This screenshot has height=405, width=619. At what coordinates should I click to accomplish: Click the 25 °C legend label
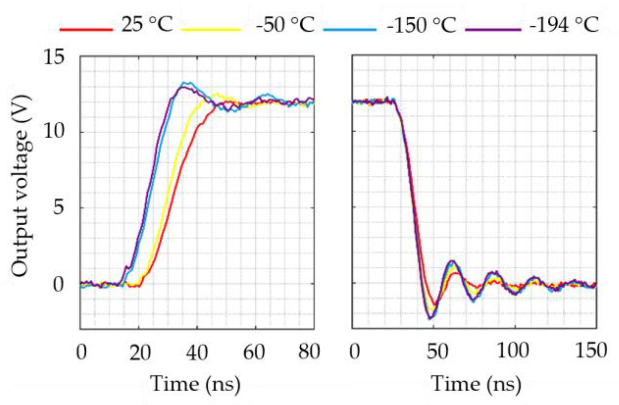pyautogui.click(x=147, y=24)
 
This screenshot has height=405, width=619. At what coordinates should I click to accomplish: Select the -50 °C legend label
pyautogui.click(x=285, y=24)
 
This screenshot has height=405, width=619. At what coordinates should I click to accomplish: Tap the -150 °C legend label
pyautogui.click(x=421, y=24)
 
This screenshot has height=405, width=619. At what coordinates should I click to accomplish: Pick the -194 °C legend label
pyautogui.click(x=564, y=24)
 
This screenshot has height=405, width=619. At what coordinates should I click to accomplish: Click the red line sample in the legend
pyautogui.click(x=86, y=30)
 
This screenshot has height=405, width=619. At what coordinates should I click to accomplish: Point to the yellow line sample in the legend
pyautogui.click(x=211, y=30)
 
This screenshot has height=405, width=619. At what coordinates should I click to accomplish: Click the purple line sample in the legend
pyautogui.click(x=493, y=30)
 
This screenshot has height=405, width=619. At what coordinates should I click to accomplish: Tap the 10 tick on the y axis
pyautogui.click(x=54, y=132)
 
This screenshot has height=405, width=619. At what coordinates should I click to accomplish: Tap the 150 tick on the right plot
pyautogui.click(x=591, y=351)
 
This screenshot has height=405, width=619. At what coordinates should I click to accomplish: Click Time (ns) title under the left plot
pyautogui.click(x=195, y=384)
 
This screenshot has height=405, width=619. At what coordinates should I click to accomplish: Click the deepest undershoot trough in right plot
pyautogui.click(x=430, y=318)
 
